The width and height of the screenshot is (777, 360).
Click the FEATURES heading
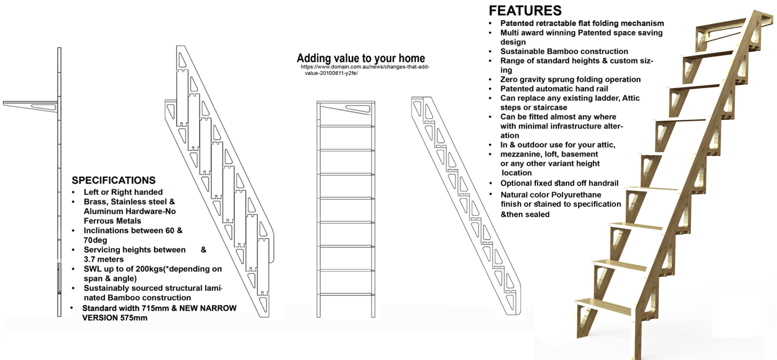click(525, 11)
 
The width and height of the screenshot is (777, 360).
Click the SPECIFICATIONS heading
click(114, 180)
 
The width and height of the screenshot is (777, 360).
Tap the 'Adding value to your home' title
click(361, 58)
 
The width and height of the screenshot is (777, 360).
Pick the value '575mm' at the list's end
click(134, 318)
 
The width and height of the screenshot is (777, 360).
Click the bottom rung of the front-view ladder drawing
click(346, 294)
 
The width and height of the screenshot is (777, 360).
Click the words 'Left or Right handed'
click(123, 192)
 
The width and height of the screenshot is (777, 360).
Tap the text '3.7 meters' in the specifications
click(104, 259)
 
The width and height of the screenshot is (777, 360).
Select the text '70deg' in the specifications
click(96, 240)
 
